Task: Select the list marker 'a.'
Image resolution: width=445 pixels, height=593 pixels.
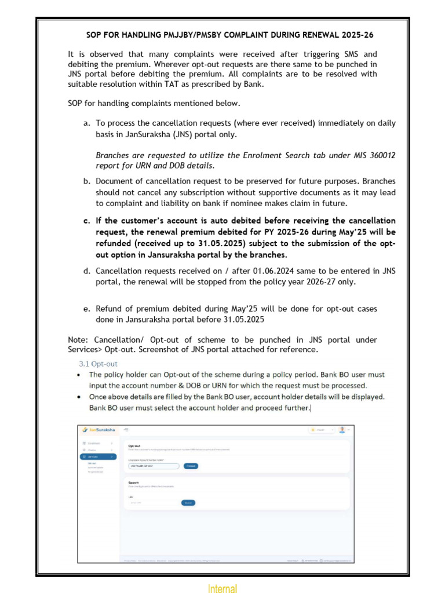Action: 87,123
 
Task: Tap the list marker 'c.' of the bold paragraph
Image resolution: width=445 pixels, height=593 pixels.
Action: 87,221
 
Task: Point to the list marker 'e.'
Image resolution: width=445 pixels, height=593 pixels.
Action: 87,309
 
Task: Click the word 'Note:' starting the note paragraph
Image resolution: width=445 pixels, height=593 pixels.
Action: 79,339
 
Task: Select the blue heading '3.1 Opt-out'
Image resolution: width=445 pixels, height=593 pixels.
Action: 98,364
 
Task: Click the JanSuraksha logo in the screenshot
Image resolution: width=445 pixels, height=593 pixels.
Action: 99,430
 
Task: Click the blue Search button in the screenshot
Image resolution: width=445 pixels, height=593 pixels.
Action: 188,503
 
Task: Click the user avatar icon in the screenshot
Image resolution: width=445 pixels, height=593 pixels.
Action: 342,430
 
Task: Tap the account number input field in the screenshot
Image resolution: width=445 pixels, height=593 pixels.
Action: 153,466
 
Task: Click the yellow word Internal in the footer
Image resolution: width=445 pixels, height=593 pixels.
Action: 222,588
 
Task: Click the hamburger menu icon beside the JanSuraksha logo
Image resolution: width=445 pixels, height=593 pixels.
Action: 126,430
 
